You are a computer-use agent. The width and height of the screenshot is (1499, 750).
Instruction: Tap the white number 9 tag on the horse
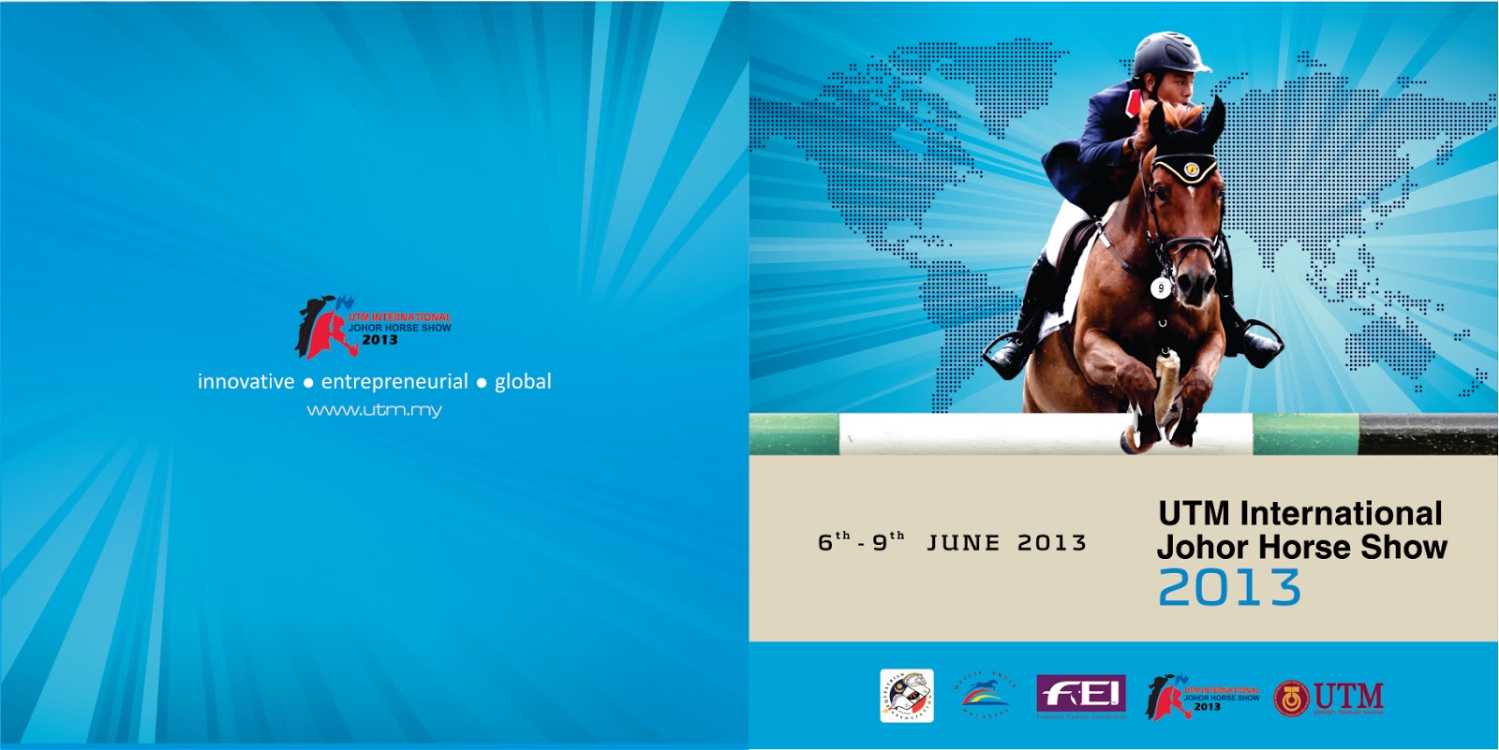[1162, 288]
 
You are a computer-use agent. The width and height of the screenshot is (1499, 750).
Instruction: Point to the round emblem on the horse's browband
[1191, 169]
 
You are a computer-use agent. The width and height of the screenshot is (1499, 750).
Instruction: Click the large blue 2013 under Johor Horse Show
[1229, 588]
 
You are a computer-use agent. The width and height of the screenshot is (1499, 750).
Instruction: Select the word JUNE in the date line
[963, 543]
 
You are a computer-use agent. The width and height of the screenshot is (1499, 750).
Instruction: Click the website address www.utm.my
[374, 410]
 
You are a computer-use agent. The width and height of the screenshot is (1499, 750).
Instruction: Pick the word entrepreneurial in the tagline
[394, 382]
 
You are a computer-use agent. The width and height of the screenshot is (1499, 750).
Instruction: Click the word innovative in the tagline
[245, 382]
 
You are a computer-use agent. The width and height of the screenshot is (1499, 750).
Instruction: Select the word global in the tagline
[523, 382]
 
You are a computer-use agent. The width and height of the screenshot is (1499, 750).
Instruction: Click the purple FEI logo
[1080, 695]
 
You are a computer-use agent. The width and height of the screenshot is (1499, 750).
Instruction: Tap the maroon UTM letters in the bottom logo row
[1348, 696]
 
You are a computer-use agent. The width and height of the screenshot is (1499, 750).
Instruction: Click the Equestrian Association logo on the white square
[906, 696]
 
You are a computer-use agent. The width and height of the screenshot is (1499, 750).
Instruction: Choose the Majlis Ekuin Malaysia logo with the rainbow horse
[984, 696]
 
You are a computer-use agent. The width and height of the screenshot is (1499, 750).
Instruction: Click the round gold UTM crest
[1291, 699]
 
